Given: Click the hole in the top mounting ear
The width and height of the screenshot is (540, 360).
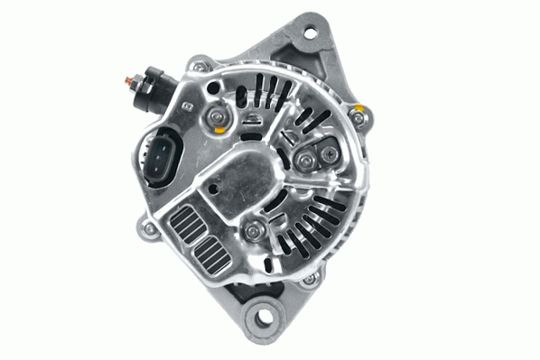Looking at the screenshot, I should (310, 33).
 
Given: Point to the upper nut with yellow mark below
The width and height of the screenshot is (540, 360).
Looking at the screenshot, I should (219, 116).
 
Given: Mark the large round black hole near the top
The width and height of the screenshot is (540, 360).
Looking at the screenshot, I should (216, 88).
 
